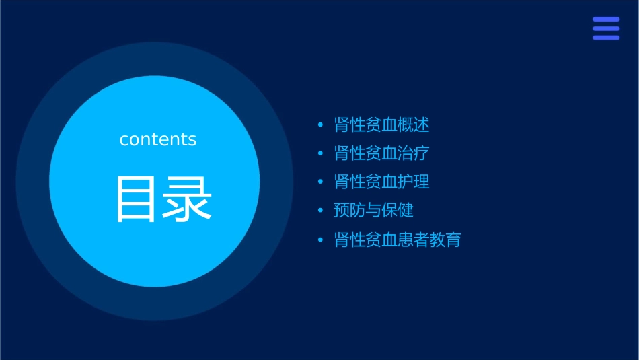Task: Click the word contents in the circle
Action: pyautogui.click(x=158, y=139)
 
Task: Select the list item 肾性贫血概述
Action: pyautogui.click(x=381, y=124)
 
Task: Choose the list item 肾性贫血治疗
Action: pyautogui.click(x=381, y=153)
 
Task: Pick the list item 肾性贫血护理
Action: pyautogui.click(x=381, y=182)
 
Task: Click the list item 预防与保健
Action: pyautogui.click(x=373, y=211)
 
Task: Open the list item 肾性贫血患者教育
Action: pyautogui.click(x=398, y=240)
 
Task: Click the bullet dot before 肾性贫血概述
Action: pyautogui.click(x=320, y=125)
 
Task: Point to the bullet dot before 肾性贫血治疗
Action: pyautogui.click(x=320, y=154)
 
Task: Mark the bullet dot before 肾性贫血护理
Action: pyautogui.click(x=320, y=182)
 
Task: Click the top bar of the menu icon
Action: pyautogui.click(x=606, y=20)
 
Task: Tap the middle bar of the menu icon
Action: pyautogui.click(x=606, y=28)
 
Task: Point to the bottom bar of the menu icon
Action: pyautogui.click(x=606, y=38)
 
